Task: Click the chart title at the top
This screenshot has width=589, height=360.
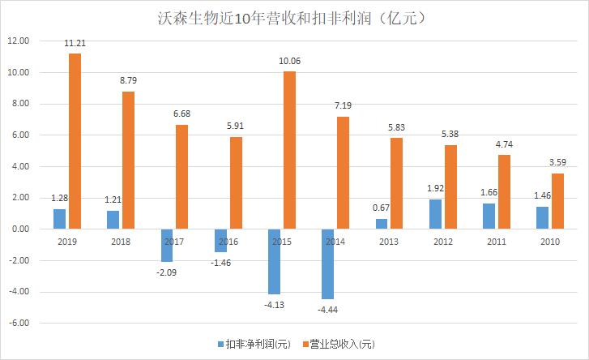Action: pyautogui.click(x=295, y=16)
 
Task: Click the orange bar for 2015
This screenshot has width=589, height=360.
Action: pyautogui.click(x=290, y=150)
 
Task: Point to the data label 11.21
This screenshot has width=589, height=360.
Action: pyautogui.click(x=75, y=45)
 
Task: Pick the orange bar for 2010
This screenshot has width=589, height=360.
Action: pyautogui.click(x=558, y=201)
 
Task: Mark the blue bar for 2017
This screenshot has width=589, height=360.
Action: pyautogui.click(x=166, y=245)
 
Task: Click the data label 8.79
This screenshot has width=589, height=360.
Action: pyautogui.click(x=128, y=83)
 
